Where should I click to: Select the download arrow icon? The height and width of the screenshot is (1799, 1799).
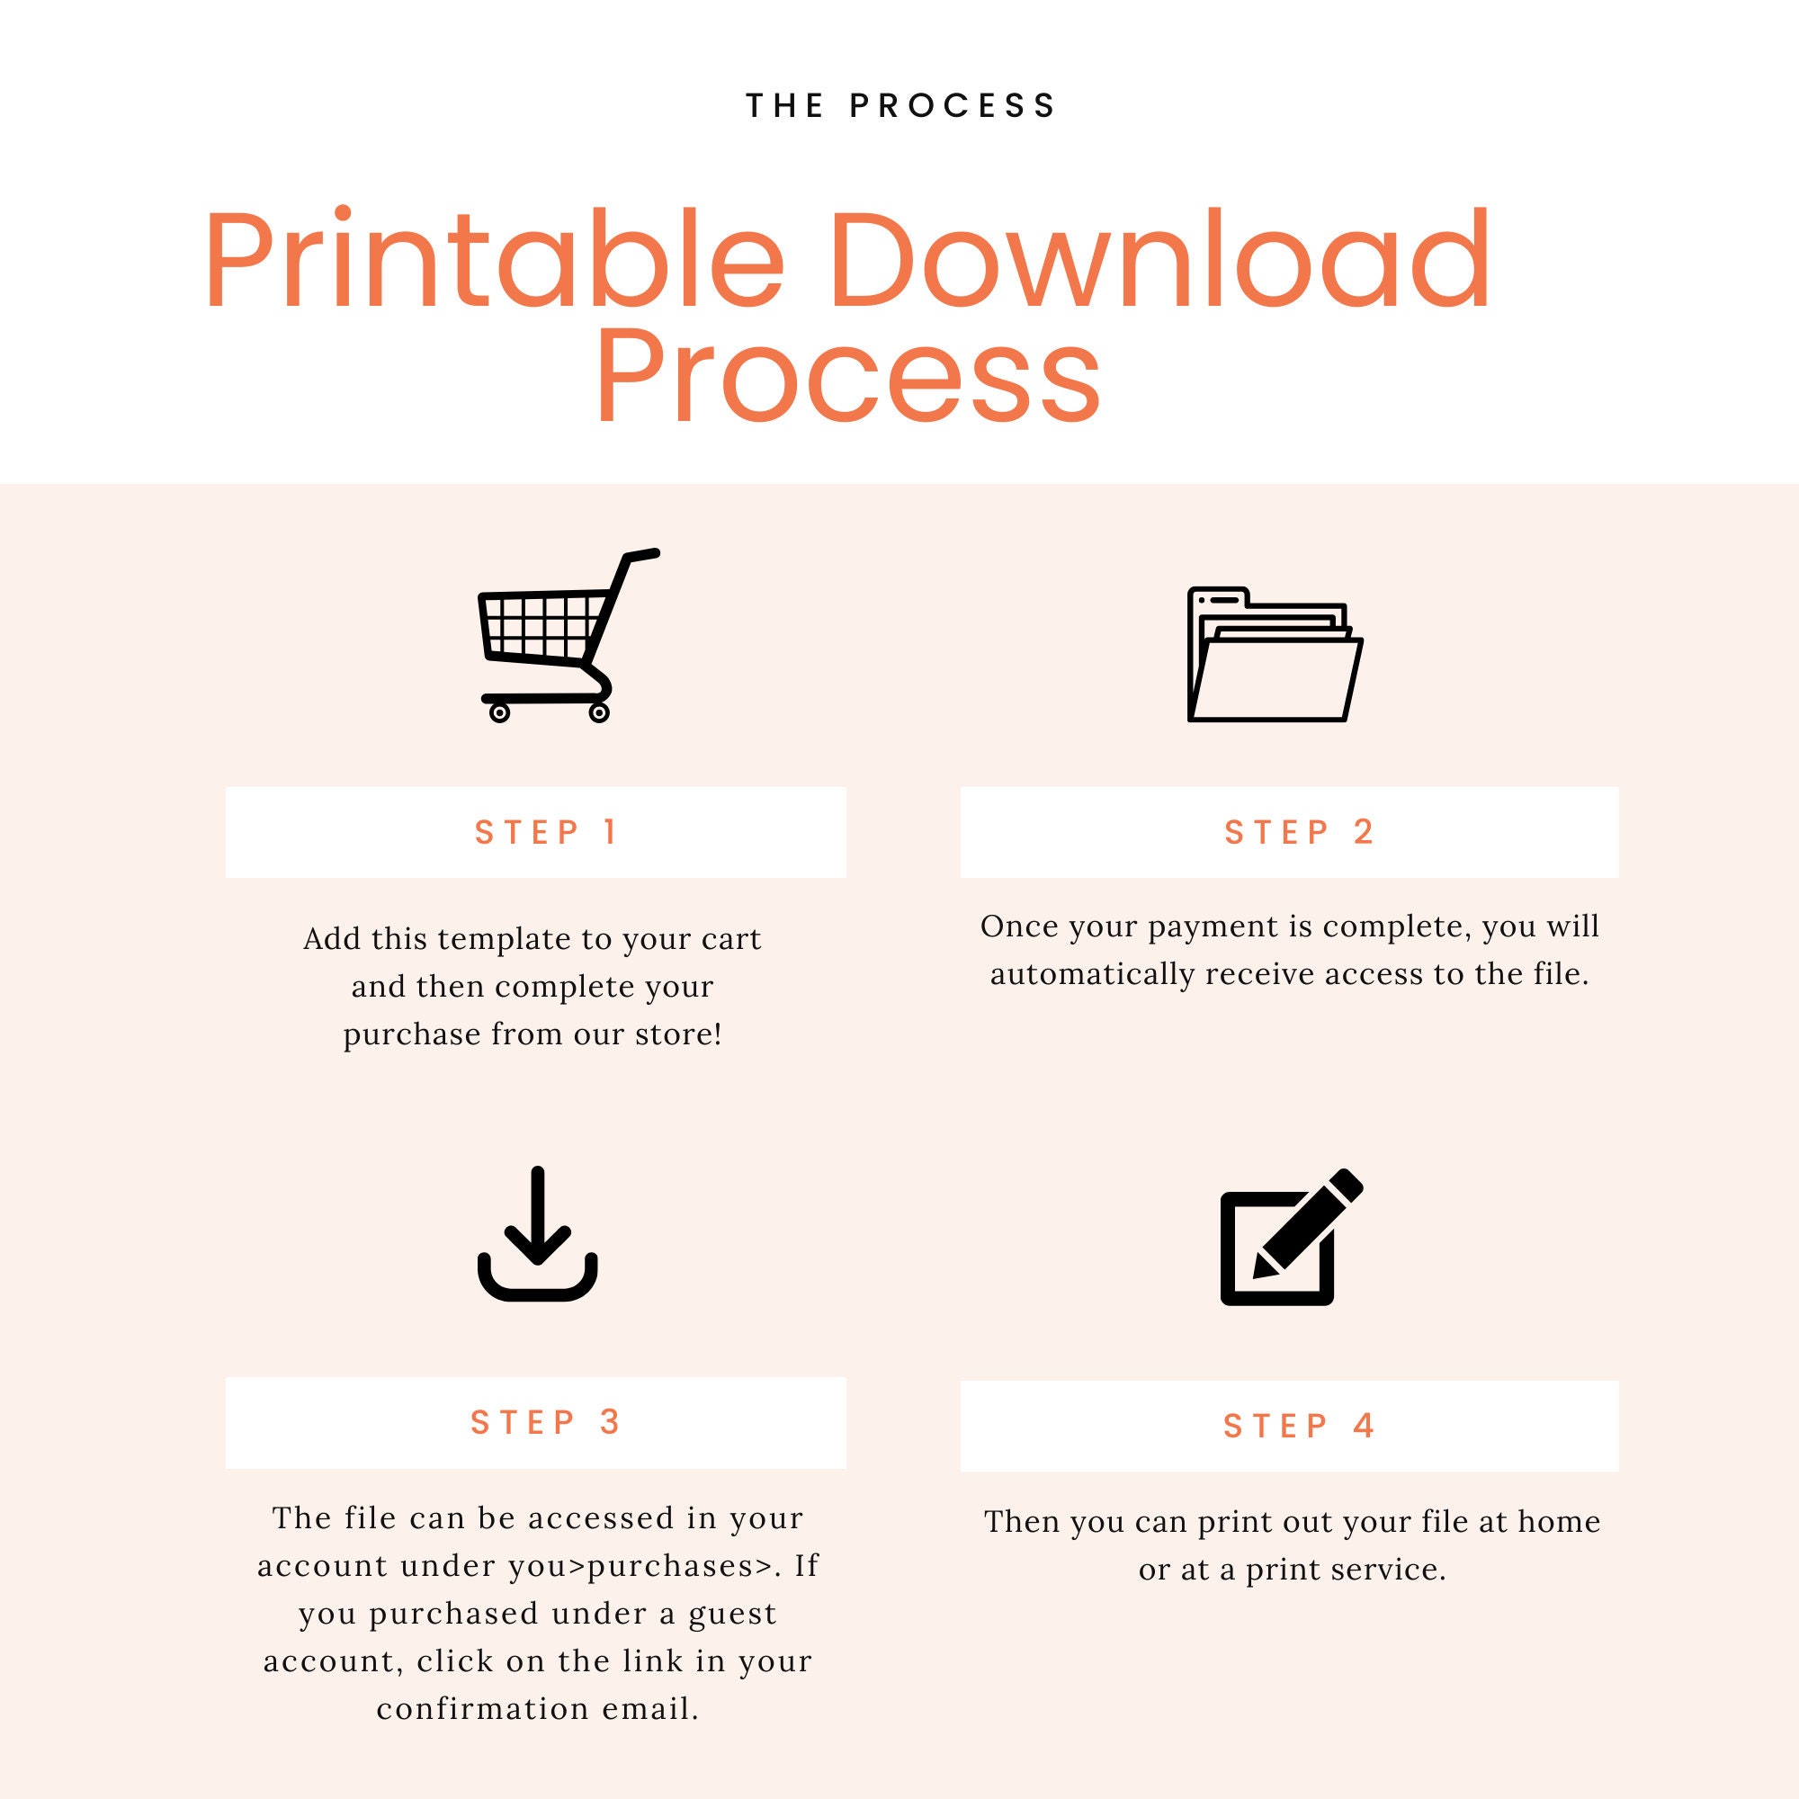point(537,1233)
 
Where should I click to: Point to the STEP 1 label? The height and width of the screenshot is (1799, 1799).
point(546,832)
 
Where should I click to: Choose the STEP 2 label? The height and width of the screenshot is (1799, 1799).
point(1299,832)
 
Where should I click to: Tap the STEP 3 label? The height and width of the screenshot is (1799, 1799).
point(546,1423)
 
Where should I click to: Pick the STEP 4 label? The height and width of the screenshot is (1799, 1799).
point(1299,1427)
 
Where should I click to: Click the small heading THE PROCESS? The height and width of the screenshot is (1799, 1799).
point(900,106)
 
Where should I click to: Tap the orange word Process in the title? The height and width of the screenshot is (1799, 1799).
point(848,374)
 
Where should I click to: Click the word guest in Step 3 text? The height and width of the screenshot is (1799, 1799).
point(732,1615)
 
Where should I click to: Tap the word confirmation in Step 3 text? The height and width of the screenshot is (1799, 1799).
point(483,1709)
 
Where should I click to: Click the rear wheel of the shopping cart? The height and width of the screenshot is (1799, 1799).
point(499,713)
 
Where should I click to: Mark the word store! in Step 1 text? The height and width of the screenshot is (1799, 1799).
point(679,1034)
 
